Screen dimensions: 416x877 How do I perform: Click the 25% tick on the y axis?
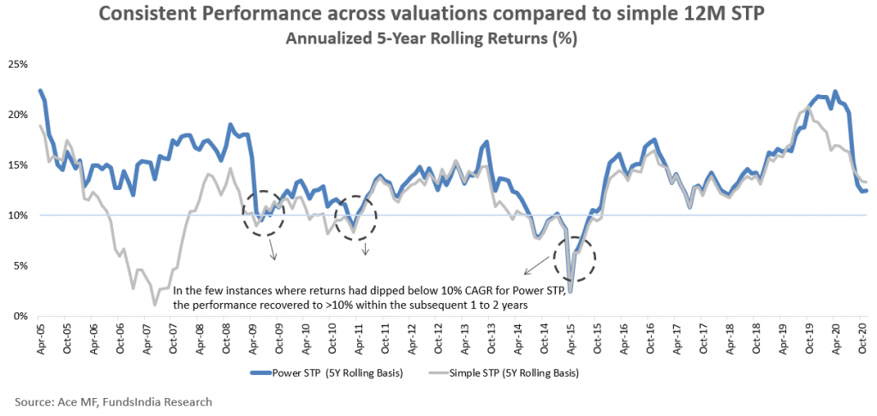tap(18, 64)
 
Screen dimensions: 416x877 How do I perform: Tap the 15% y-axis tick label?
tap(18, 165)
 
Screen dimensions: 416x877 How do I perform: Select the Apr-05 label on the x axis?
tap(40, 335)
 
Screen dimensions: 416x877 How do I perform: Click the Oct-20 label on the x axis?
tap(861, 335)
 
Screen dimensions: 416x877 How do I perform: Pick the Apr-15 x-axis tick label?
tap(569, 335)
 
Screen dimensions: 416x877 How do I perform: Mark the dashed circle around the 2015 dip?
tap(574, 257)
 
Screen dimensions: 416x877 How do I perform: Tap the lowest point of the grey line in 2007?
tap(154, 304)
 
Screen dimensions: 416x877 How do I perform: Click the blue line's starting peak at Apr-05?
tap(40, 91)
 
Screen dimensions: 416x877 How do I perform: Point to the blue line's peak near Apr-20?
tap(835, 92)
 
